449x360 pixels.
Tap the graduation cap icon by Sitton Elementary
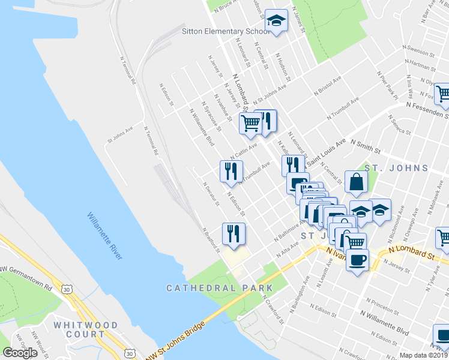pos(276,22)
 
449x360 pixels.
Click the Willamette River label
pos(104,235)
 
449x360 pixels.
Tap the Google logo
pos(20,353)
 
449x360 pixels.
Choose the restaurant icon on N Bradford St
pos(234,233)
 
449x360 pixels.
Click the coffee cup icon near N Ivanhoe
pos(358,259)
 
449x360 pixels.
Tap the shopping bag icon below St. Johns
pos(357,182)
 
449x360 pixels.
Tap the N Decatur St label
pos(211,193)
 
